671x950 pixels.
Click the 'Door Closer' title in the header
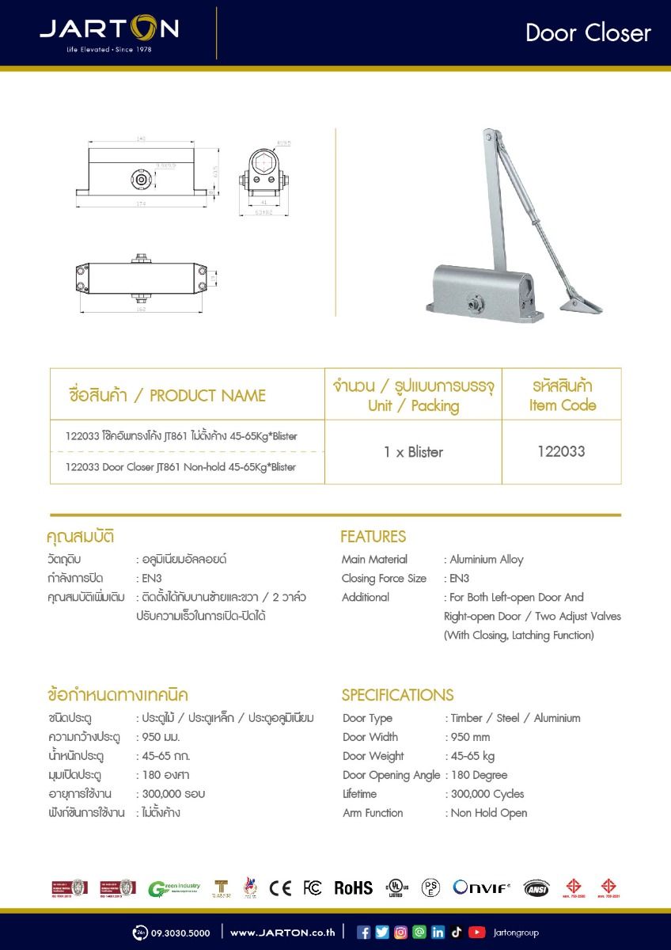point(588,32)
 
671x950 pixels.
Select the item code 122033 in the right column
point(561,452)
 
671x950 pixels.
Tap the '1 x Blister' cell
point(413,452)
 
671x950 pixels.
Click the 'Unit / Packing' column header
point(413,406)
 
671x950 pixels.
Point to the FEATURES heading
point(373,537)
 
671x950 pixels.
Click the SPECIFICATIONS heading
point(397,695)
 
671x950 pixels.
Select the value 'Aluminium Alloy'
point(487,560)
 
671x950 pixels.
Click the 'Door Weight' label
point(373,756)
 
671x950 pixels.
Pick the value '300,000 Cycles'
point(487,794)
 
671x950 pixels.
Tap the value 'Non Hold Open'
point(488,813)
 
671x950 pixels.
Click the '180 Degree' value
point(479,775)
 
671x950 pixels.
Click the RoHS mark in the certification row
point(353,887)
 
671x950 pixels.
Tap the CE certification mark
point(280,887)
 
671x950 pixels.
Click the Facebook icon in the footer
point(364,933)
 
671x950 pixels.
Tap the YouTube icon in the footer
point(476,933)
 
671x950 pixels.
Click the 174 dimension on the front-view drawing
point(141,204)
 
